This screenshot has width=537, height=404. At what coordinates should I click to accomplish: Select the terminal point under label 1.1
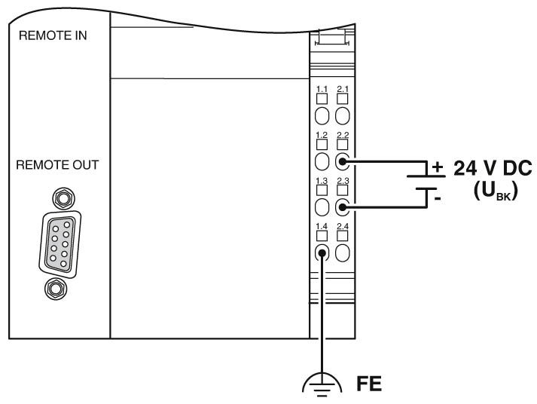click(x=322, y=115)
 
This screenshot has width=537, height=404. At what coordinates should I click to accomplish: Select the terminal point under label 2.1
click(x=343, y=115)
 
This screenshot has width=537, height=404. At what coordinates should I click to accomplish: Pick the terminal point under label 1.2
click(x=322, y=161)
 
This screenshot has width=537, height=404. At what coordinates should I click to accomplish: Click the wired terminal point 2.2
click(x=343, y=161)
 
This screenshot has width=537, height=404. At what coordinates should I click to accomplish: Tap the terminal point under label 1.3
click(x=322, y=207)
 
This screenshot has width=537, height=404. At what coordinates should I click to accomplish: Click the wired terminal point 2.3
click(x=343, y=207)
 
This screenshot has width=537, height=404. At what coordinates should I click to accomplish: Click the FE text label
click(x=368, y=384)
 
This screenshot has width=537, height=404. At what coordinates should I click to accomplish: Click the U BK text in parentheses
click(x=493, y=190)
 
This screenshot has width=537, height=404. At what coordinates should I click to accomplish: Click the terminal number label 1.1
click(x=322, y=89)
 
